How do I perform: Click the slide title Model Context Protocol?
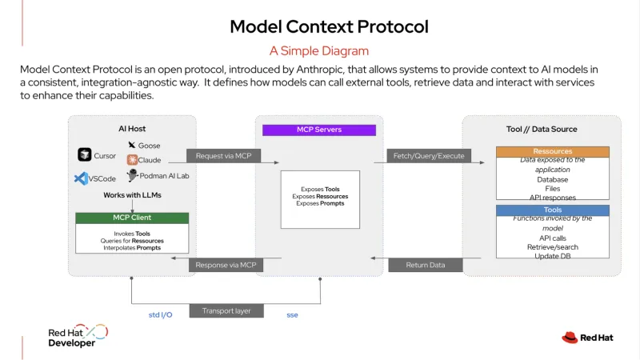[329, 26]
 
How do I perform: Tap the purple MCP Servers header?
[318, 130]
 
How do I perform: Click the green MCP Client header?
[132, 218]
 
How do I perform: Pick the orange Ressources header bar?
[552, 151]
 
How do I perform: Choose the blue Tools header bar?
[552, 210]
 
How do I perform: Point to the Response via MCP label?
[226, 265]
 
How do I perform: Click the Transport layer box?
[226, 310]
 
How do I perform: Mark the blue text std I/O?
[161, 315]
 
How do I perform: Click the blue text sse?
[293, 315]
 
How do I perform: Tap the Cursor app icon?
[85, 154]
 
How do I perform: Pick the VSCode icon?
[81, 179]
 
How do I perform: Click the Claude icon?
[131, 160]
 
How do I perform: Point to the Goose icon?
[131, 145]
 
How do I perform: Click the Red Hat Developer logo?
[77, 336]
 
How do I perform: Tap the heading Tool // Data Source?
[542, 129]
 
